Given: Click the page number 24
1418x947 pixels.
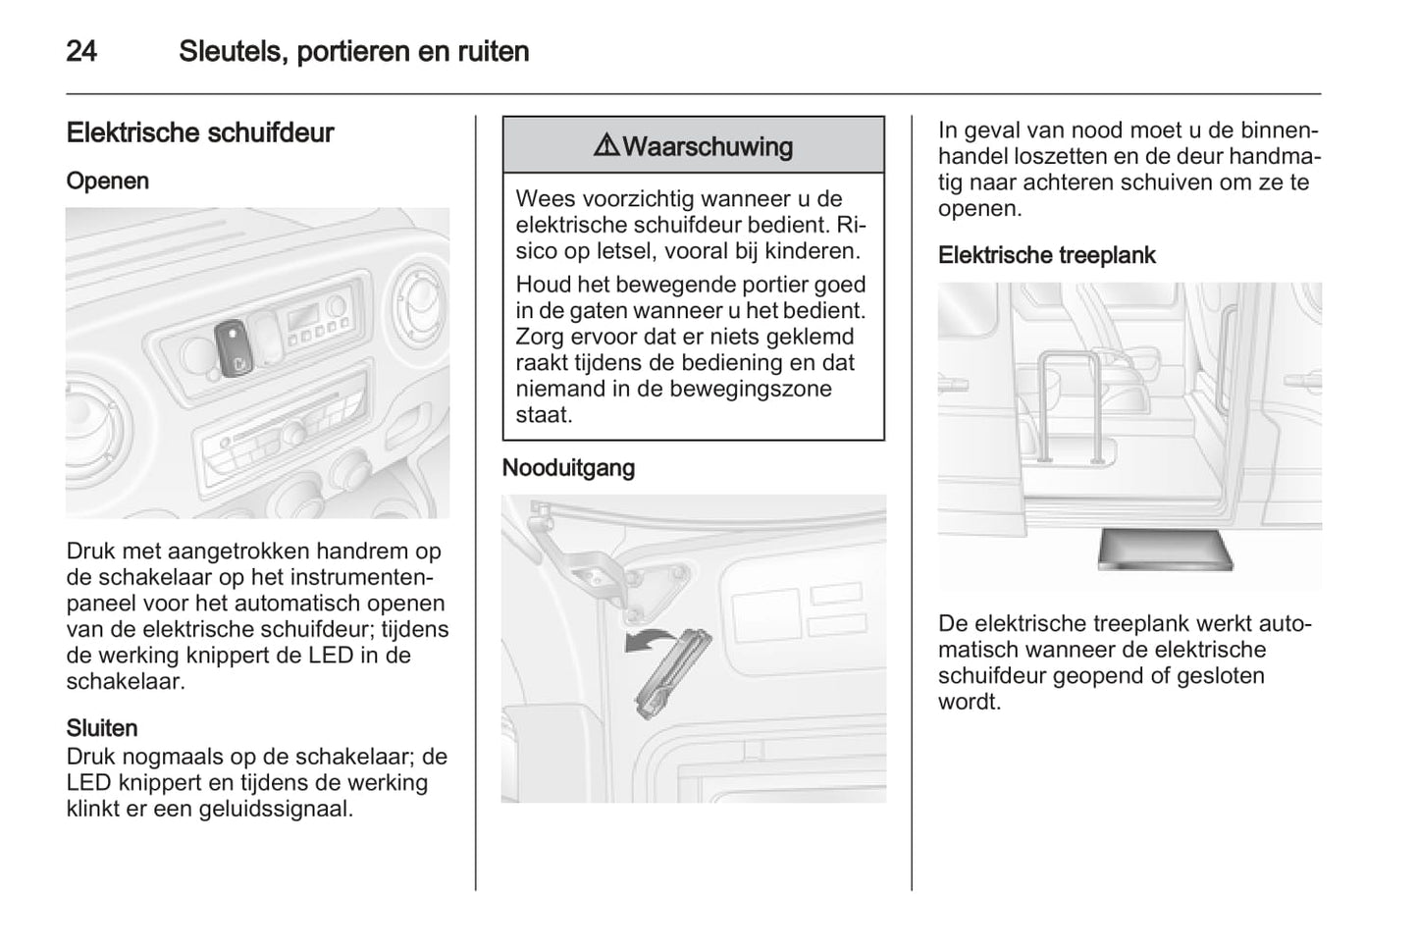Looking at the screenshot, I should tap(81, 51).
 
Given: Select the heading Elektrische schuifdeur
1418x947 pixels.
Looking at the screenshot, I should tap(200, 132).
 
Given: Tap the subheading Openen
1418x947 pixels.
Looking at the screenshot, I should tap(108, 181).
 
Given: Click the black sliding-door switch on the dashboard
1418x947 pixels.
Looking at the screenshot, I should tap(234, 348).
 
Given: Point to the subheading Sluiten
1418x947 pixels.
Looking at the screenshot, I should tap(102, 728).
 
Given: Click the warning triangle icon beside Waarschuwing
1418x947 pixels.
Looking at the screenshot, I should tap(606, 146).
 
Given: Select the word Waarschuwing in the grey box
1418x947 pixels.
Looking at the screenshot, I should tap(708, 146).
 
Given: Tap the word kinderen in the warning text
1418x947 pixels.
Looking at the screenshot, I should tap(811, 250).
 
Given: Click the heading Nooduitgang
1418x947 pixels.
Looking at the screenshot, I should tap(568, 468).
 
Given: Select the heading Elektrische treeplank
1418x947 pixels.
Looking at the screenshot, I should tap(1046, 255).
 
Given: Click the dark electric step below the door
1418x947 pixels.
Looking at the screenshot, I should tap(1165, 549).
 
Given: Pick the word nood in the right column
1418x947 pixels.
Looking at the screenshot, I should tap(1096, 131).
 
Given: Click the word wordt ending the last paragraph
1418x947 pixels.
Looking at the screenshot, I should tap(970, 702).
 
